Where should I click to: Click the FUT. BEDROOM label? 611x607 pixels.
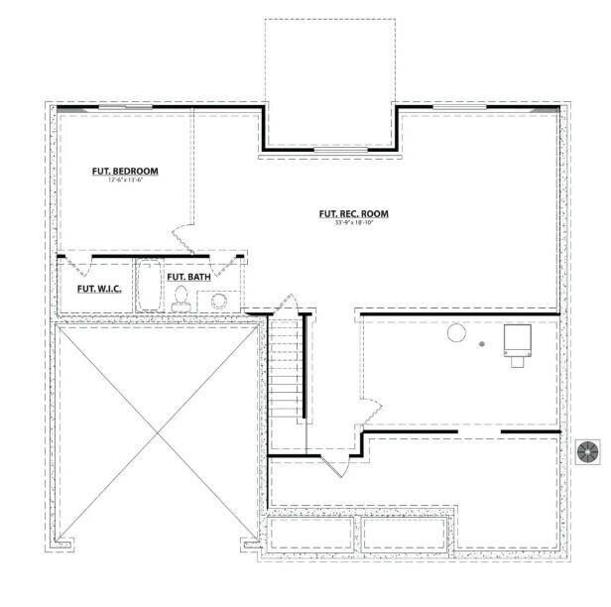(125, 172)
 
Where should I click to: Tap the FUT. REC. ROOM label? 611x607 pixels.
(353, 213)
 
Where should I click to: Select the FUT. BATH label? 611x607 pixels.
(186, 277)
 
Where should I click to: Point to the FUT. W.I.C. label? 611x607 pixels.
(100, 291)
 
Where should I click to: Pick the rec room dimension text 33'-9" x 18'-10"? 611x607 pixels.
(353, 223)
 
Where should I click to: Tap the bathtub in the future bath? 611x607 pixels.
(148, 287)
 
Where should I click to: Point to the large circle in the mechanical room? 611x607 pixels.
(456, 334)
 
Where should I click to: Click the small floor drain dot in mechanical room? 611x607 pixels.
(482, 344)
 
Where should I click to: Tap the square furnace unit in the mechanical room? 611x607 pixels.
(517, 342)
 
